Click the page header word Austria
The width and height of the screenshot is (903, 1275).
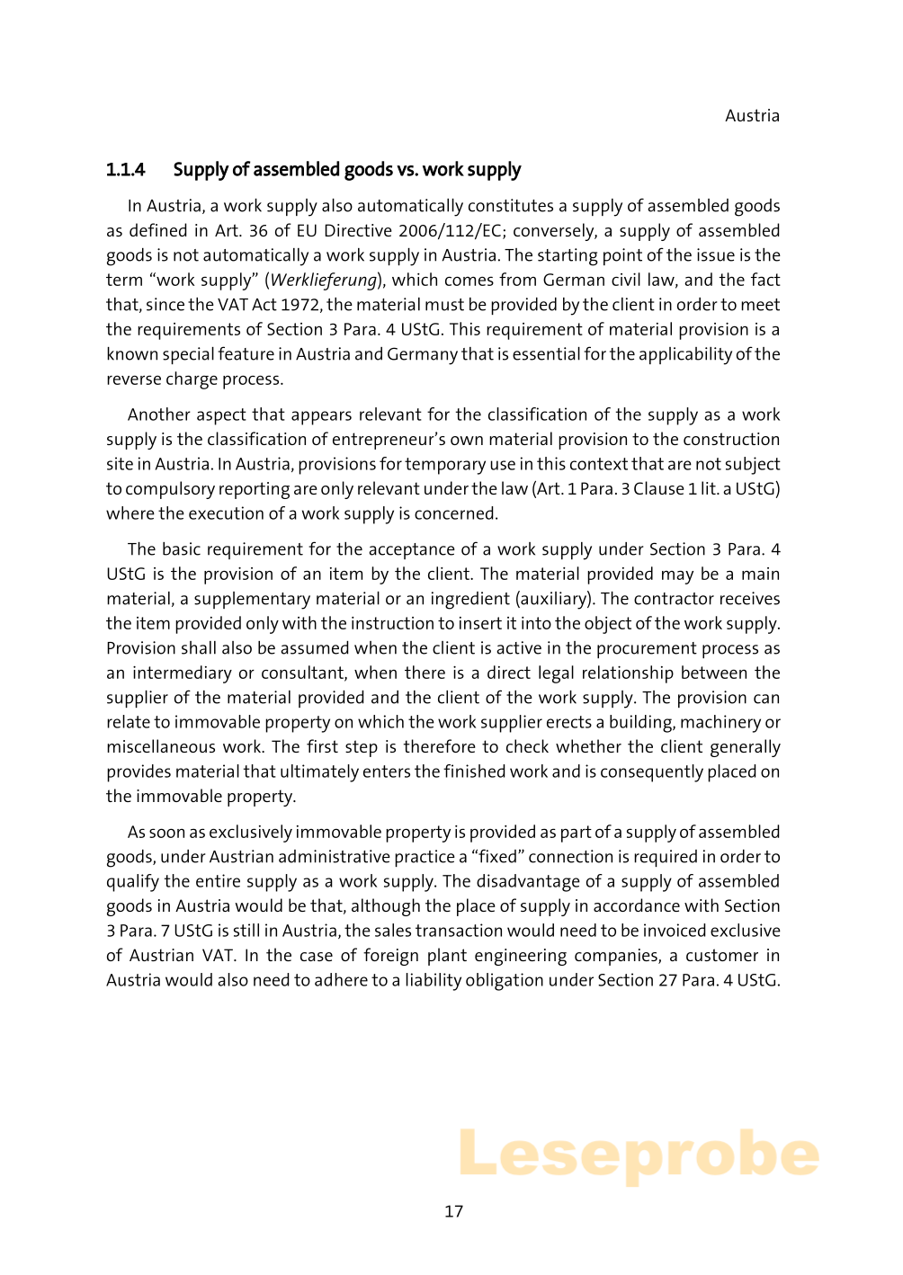point(752,116)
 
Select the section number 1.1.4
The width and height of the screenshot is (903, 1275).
point(125,170)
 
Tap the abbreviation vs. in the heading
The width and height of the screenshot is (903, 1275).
point(407,170)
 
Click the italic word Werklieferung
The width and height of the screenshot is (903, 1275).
point(323,281)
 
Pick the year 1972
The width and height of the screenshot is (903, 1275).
point(300,305)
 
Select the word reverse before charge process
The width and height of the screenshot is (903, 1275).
point(133,379)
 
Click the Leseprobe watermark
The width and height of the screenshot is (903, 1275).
point(639,1155)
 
